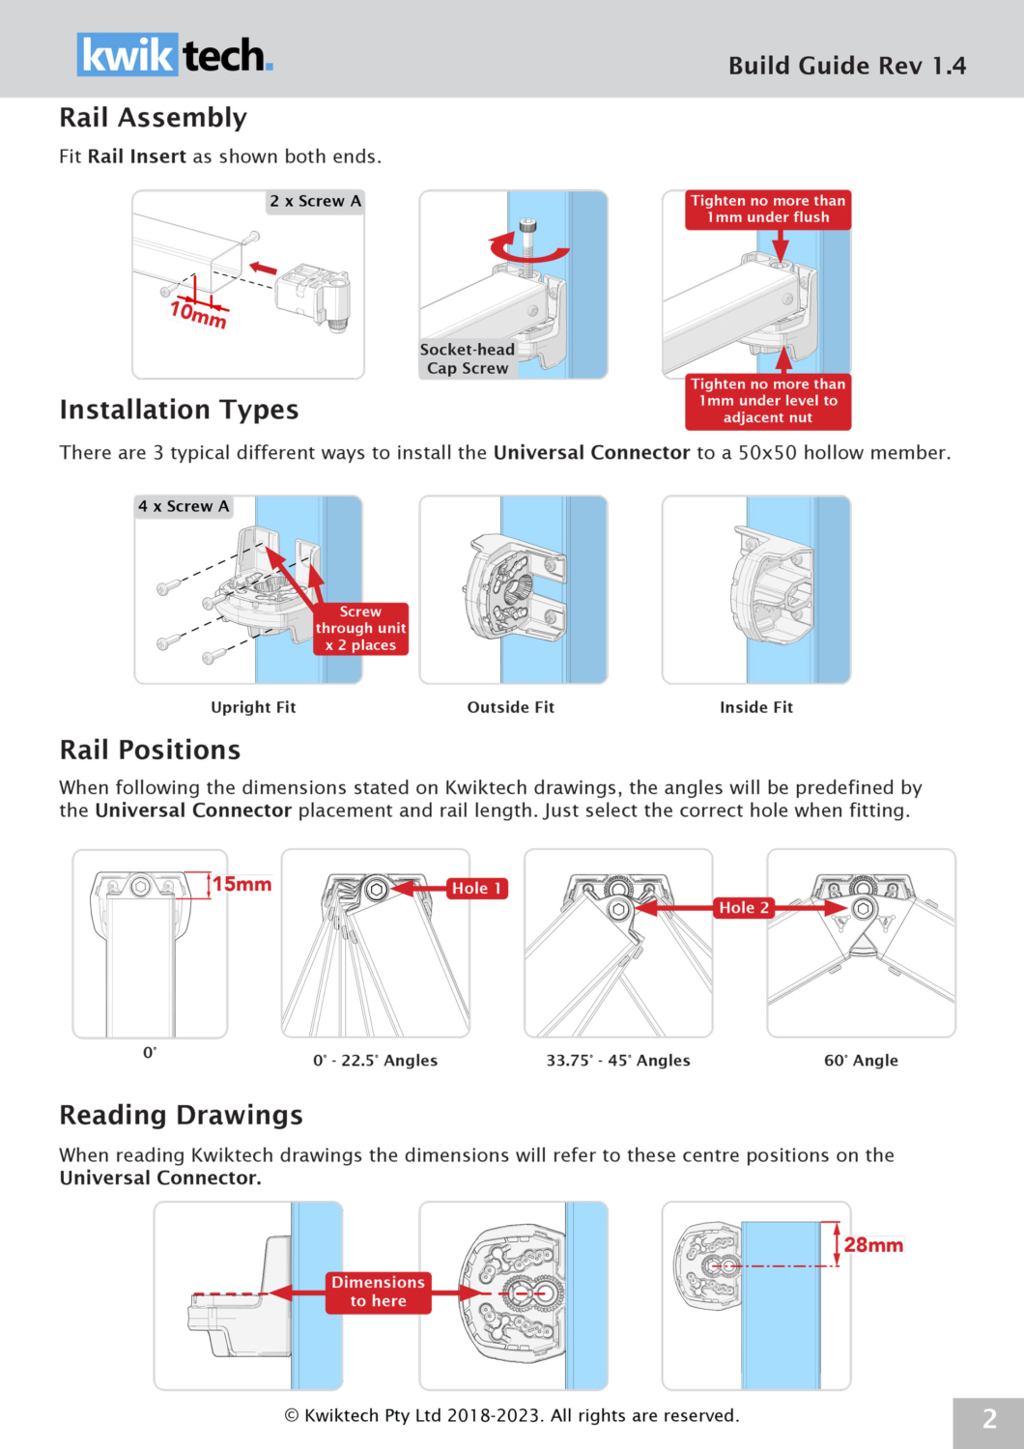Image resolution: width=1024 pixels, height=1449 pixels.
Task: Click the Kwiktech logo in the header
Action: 175,55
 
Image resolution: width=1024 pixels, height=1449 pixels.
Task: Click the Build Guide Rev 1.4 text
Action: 846,66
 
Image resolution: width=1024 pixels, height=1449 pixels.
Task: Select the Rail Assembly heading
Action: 153,118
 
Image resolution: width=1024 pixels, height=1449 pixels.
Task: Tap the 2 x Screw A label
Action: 315,201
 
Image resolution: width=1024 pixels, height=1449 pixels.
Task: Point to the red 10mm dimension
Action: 198,313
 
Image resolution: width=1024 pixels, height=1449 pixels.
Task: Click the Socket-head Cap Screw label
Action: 468,358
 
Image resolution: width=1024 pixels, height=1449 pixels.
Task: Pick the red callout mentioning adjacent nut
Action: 768,401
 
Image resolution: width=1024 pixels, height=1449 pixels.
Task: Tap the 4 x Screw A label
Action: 184,506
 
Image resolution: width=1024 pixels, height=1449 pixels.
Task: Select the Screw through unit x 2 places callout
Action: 360,629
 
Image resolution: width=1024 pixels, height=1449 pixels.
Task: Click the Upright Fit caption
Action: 253,707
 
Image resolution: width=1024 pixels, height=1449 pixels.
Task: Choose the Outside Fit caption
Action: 511,707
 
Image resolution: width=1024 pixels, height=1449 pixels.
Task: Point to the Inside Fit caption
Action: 756,707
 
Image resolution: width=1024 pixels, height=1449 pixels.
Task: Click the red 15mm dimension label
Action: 242,884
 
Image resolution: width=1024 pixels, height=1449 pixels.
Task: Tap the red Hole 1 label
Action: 476,888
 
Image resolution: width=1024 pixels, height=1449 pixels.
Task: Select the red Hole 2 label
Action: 744,907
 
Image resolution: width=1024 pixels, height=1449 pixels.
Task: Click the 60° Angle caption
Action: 861,1060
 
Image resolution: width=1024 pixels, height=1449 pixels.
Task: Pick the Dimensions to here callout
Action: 378,1292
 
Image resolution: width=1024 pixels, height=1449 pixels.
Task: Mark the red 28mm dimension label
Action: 873,1245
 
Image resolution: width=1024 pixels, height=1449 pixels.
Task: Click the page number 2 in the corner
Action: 989,1419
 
